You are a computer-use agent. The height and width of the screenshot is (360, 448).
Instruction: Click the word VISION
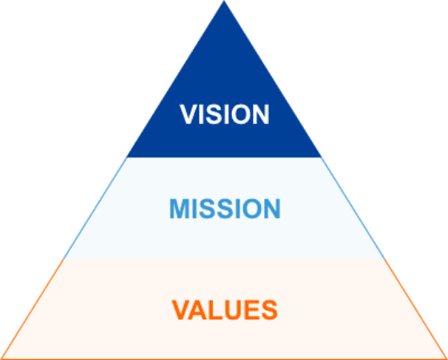click(x=224, y=114)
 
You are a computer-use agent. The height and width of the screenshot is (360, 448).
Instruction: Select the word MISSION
click(x=225, y=209)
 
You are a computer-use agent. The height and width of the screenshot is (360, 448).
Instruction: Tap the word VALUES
click(x=225, y=310)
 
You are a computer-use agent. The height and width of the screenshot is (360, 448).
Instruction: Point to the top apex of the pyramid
click(x=224, y=1)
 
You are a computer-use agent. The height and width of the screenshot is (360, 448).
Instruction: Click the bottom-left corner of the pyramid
click(x=1, y=359)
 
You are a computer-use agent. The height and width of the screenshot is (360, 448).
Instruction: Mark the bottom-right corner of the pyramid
click(x=447, y=359)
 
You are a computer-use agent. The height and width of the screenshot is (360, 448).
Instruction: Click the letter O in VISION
click(x=241, y=114)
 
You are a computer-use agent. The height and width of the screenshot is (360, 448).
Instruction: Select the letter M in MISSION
click(x=179, y=209)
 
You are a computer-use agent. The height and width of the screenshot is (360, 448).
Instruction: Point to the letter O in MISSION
click(x=250, y=209)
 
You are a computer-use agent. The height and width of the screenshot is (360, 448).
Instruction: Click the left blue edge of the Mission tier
click(x=95, y=208)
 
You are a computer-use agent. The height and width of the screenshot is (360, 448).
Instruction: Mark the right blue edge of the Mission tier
click(x=353, y=208)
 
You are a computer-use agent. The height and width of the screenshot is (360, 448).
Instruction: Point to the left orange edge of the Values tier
click(x=32, y=309)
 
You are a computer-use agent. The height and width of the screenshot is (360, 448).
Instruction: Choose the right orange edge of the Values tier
click(x=416, y=309)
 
